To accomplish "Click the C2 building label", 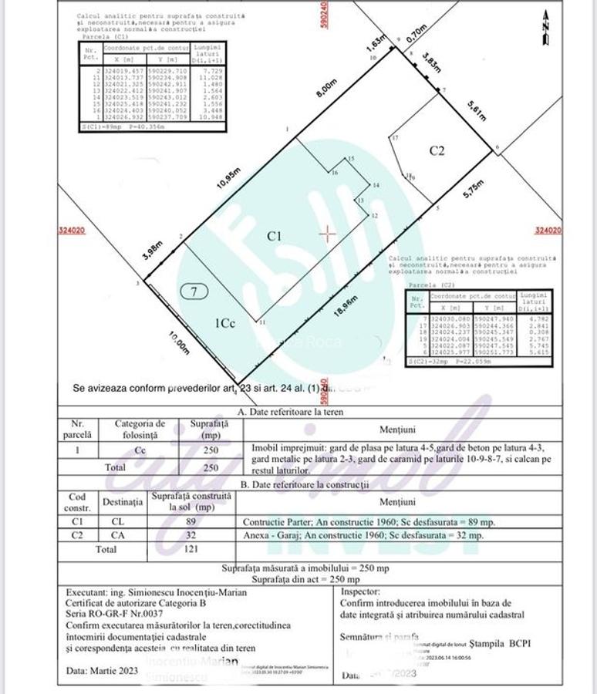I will [x=437, y=150].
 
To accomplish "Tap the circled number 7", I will [x=195, y=291].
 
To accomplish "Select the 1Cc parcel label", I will [x=224, y=324].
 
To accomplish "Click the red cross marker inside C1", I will [x=329, y=234].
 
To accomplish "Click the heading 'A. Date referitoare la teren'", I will [x=291, y=412].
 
